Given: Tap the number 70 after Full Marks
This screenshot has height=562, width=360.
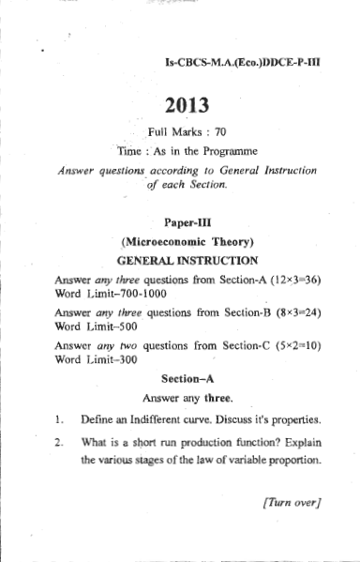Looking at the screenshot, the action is point(221,131).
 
